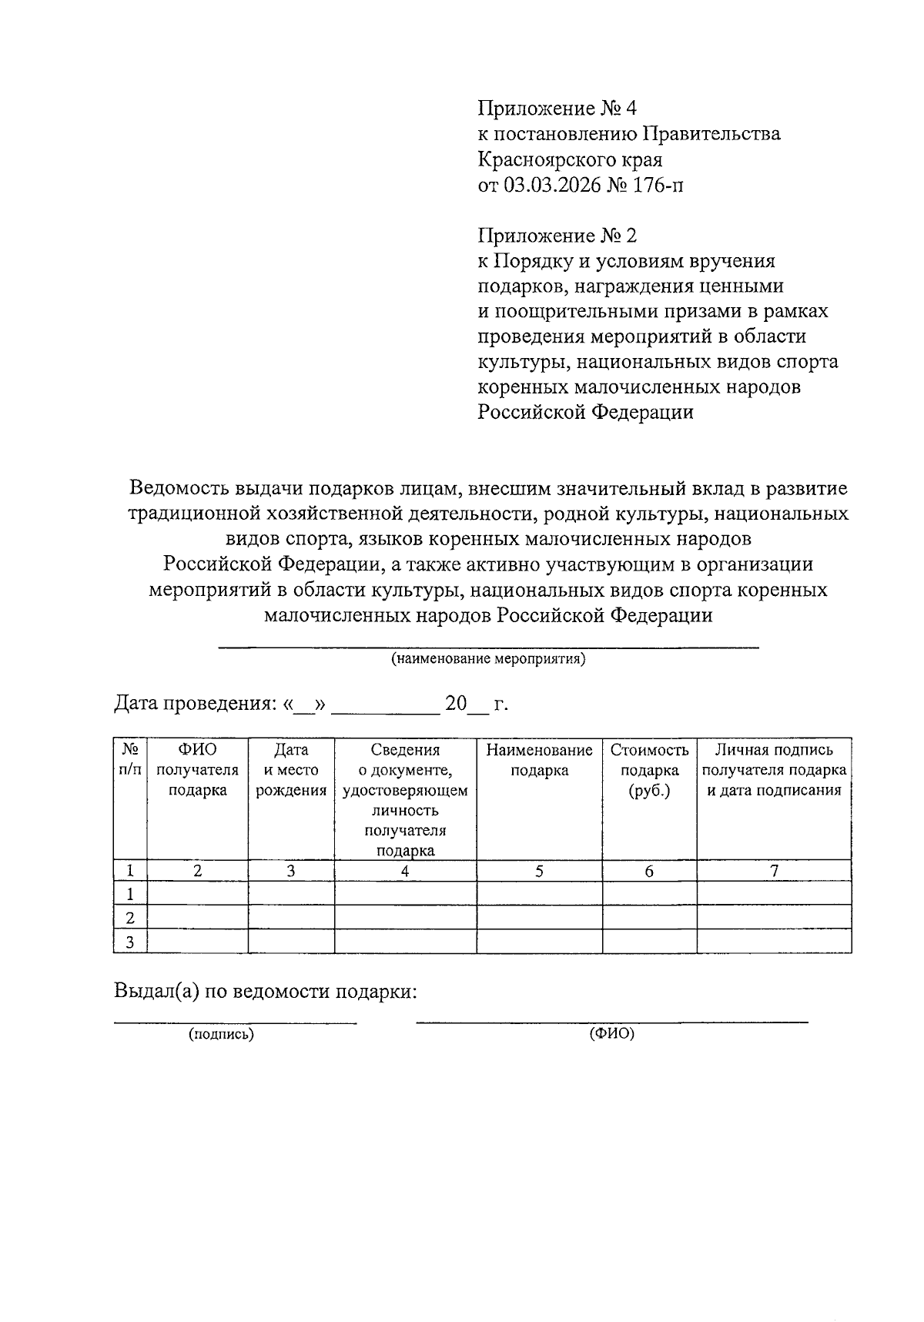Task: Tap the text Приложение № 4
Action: [557, 109]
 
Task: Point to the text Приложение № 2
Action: [557, 235]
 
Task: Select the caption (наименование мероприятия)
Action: [488, 659]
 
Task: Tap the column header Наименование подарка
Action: [539, 760]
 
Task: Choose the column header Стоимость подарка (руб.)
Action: [649, 770]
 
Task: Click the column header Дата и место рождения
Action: [291, 770]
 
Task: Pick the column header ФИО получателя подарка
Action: [197, 770]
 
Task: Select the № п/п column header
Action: [129, 760]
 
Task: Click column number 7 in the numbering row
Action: [774, 871]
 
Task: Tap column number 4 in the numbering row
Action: [405, 871]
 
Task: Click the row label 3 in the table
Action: [130, 942]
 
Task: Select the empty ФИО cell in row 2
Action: [197, 918]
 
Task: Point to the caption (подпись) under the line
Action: [222, 1035]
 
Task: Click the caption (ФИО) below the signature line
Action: [612, 1034]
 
